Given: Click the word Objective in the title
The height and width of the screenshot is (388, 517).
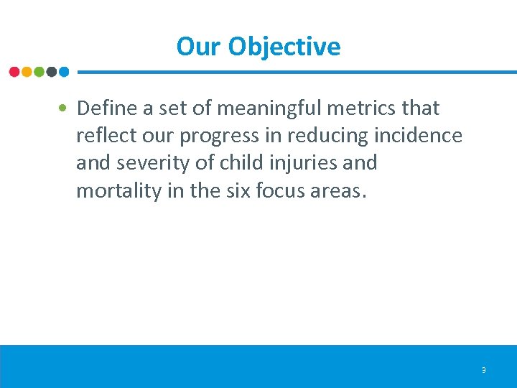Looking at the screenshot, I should [284, 47].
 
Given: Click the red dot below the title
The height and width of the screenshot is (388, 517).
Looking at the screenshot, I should [14, 72].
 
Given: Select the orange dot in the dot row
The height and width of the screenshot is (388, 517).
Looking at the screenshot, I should [27, 72].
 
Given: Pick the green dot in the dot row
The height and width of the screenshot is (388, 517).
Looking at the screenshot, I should [39, 72].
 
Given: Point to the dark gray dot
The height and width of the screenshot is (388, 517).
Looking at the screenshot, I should [51, 72].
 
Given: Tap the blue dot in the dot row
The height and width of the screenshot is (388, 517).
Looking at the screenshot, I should [63, 72].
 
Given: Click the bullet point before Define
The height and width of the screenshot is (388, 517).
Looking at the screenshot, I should [65, 108].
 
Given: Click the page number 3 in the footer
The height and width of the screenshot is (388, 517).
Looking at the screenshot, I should [483, 371].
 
